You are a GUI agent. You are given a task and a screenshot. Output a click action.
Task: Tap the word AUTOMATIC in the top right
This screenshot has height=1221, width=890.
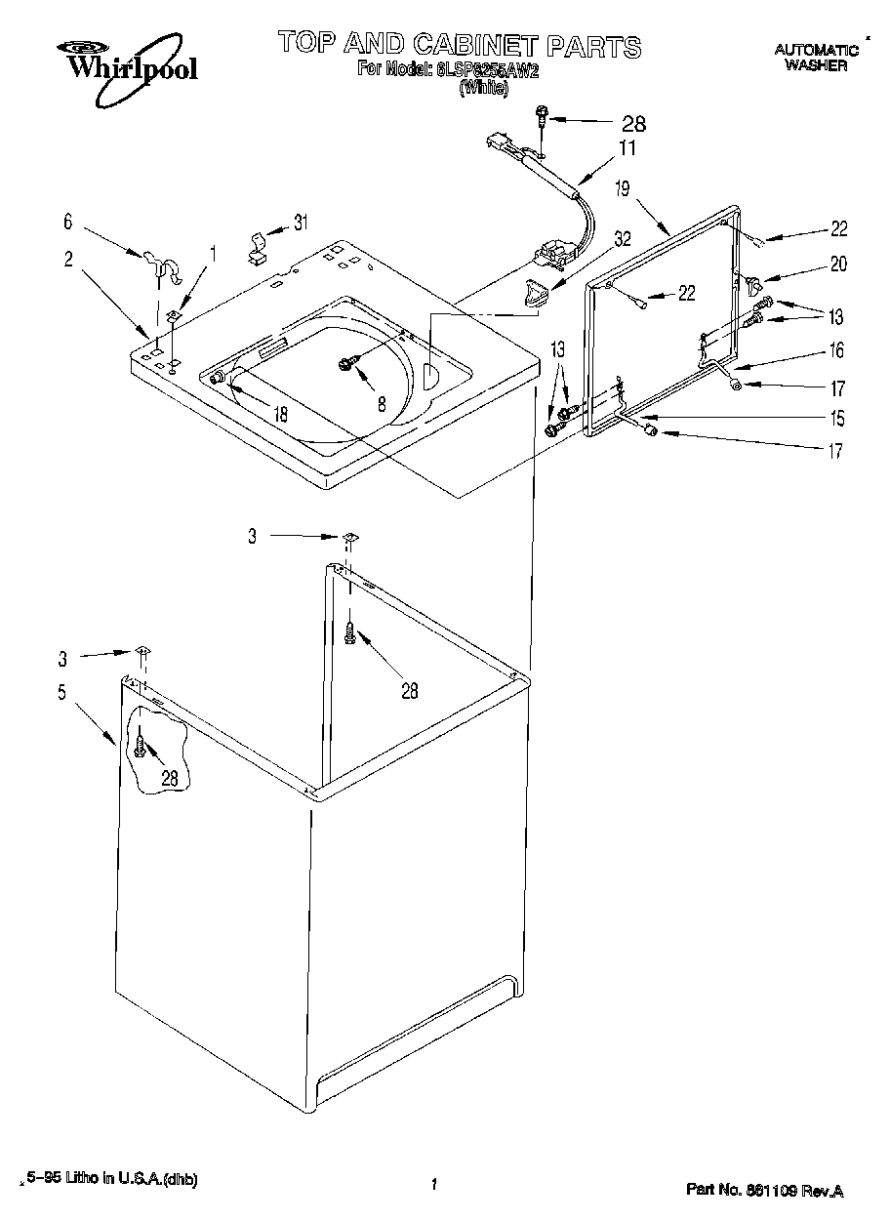tap(816, 51)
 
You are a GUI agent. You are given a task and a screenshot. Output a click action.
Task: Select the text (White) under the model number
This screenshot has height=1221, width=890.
tap(483, 88)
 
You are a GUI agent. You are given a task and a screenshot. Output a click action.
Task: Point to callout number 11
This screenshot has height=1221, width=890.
tap(626, 148)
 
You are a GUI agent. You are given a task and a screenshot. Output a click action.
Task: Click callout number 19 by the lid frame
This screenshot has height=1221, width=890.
tap(623, 189)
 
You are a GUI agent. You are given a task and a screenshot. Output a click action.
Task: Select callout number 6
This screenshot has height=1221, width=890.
tap(68, 223)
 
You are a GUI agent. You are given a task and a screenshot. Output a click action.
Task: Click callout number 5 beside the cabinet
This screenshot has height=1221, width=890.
tap(61, 693)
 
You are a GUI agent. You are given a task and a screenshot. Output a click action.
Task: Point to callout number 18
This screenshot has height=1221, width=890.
tap(280, 414)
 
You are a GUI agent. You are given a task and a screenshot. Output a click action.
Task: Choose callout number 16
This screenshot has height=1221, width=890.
tap(836, 351)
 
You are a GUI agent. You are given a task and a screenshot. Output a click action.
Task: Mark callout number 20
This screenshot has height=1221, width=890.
tap(838, 264)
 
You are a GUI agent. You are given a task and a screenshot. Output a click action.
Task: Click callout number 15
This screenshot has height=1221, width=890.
tap(836, 419)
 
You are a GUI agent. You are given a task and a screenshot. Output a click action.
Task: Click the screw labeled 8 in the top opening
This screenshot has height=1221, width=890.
tap(346, 364)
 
